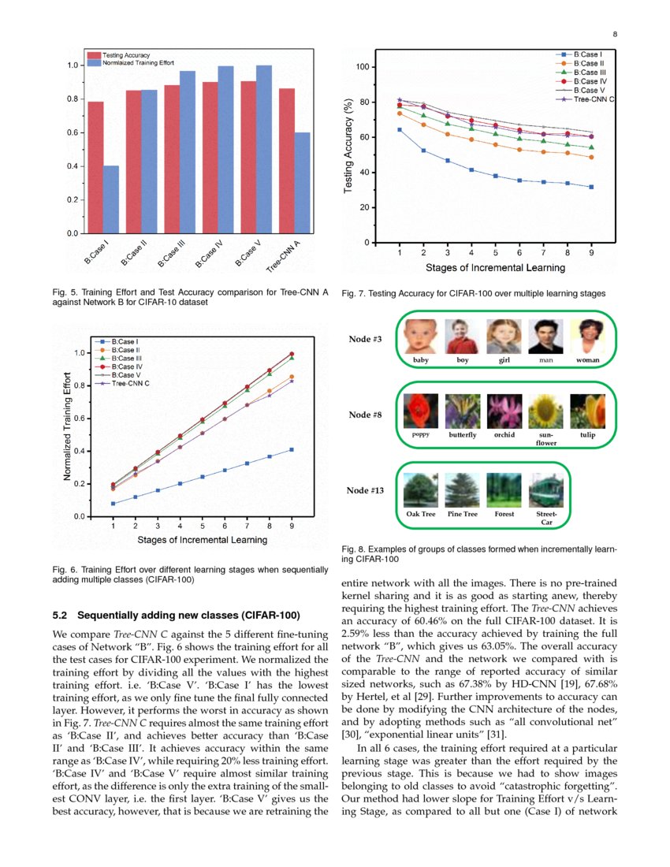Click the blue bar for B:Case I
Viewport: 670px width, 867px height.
111,199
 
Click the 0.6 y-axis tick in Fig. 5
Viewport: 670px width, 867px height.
72,132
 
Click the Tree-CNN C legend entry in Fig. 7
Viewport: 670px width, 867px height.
594,100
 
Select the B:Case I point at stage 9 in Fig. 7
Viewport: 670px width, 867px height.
591,187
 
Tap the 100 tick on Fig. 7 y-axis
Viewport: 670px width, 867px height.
362,67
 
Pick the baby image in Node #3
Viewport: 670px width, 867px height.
419,337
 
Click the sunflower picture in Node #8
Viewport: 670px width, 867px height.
545,411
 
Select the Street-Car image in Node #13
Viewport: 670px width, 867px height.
540,489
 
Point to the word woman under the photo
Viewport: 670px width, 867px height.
587,360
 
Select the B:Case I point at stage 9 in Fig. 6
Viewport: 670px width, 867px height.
292,449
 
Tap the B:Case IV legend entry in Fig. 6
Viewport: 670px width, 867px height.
126,367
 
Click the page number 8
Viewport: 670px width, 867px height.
614,33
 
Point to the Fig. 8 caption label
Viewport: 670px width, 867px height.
354,549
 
